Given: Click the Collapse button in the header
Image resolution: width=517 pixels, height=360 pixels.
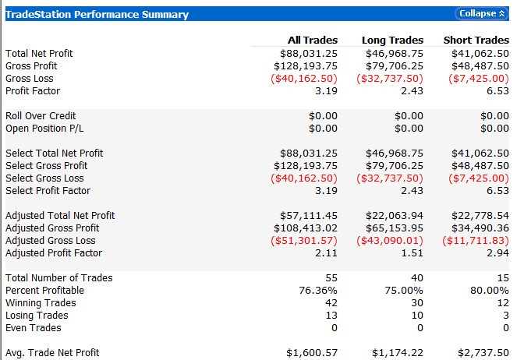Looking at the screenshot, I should click(x=480, y=14).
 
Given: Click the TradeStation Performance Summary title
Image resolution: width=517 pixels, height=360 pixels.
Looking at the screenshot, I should click(x=97, y=14).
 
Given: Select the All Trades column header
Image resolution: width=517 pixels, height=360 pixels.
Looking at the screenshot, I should click(x=313, y=41).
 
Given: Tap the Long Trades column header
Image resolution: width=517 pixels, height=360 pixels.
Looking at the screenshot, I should click(x=392, y=41).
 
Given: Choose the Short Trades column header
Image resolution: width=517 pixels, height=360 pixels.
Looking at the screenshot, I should click(x=476, y=41).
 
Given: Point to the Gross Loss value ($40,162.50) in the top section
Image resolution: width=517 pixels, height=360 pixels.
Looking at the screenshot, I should click(x=304, y=79).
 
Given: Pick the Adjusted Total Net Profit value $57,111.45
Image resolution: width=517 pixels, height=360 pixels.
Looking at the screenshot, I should click(x=309, y=216).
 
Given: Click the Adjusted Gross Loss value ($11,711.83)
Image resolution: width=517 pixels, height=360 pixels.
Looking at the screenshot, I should click(x=476, y=241).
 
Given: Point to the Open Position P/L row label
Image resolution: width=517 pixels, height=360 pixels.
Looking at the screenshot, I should click(x=44, y=129).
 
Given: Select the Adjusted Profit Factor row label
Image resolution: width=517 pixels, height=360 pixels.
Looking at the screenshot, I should click(x=54, y=253).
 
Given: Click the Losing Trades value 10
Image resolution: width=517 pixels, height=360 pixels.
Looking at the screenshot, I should click(x=417, y=316).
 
